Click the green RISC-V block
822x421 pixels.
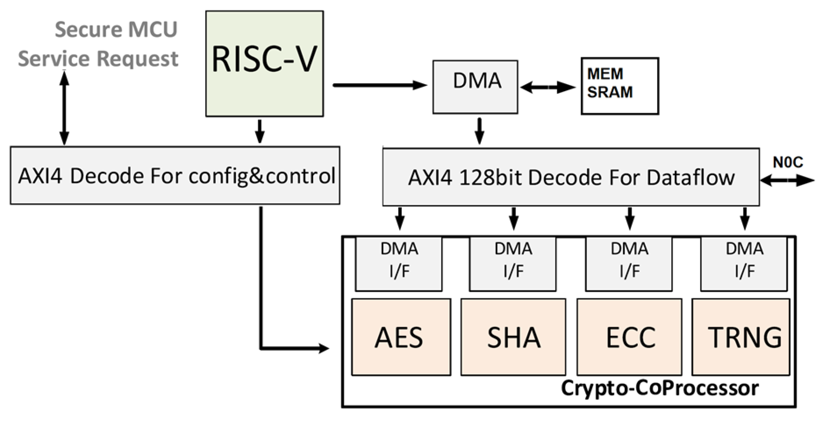click(264, 64)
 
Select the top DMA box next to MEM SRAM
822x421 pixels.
click(475, 87)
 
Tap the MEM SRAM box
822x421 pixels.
click(619, 86)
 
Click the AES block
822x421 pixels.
click(401, 337)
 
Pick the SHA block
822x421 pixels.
click(513, 337)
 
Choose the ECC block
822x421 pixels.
click(629, 337)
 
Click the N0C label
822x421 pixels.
click(788, 162)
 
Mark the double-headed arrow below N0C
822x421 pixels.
click(787, 181)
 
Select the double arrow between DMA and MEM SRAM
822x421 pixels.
click(547, 87)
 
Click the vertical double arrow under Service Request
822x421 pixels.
click(64, 108)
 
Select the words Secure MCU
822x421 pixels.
click(116, 29)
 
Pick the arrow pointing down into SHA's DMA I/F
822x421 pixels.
click(513, 218)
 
